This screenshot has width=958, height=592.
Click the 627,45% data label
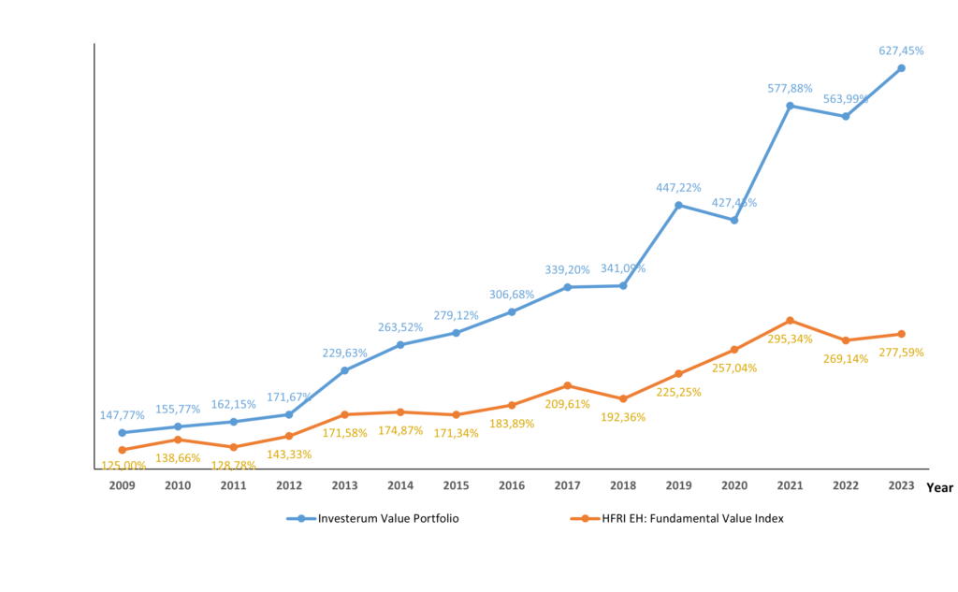click(902, 51)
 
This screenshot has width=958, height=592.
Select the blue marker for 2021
click(791, 106)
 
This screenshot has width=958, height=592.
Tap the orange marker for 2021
click(791, 321)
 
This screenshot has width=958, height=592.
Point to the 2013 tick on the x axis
click(344, 486)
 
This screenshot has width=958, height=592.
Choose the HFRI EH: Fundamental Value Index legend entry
click(676, 518)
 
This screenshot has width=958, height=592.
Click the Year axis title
click(939, 487)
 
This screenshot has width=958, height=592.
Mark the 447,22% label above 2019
click(678, 188)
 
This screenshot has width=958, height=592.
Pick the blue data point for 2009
click(122, 433)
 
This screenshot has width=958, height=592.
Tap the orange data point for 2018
click(623, 398)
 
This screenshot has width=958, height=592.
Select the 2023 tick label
click(901, 486)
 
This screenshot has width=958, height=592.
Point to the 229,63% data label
click(344, 354)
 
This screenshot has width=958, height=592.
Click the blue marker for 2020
click(734, 220)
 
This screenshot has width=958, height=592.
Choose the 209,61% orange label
click(568, 404)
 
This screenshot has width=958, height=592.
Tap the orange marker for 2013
click(344, 414)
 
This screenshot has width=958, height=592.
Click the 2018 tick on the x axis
click(623, 486)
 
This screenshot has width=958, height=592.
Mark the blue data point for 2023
click(902, 67)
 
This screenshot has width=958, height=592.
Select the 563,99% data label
click(846, 99)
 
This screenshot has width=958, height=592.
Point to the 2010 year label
click(178, 486)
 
